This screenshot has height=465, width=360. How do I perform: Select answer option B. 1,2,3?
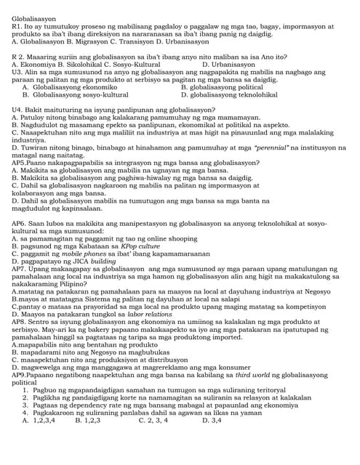87,419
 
